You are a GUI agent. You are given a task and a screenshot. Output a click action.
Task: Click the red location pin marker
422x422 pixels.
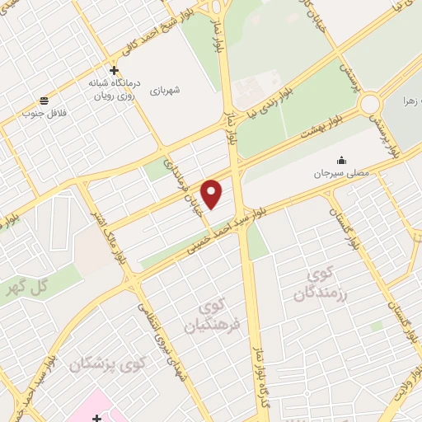pos(213,193)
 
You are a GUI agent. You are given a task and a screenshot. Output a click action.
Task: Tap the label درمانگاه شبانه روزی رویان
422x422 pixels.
pos(115,89)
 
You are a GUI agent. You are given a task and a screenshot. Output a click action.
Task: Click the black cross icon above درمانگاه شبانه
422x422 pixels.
pos(115,70)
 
